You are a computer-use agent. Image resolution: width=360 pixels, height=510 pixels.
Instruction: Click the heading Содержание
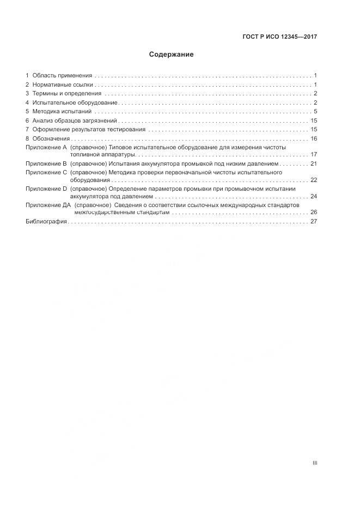coord(172,54)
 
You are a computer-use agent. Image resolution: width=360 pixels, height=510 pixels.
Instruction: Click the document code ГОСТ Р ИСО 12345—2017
coord(279,37)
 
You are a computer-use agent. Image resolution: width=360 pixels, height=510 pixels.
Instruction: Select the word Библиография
coord(46,222)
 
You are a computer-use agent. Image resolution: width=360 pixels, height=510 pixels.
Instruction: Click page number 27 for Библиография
coord(313,222)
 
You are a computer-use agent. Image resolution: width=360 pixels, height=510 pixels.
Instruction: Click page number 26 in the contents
coord(313,212)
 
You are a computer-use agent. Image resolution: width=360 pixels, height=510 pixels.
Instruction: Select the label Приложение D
coord(46,189)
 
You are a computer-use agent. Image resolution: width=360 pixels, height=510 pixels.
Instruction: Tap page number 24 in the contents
coord(313,196)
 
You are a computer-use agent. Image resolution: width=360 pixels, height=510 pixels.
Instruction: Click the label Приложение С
coord(46,172)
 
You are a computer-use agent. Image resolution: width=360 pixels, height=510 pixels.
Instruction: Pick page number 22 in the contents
coord(313,180)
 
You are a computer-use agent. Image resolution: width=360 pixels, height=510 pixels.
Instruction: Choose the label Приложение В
coord(46,163)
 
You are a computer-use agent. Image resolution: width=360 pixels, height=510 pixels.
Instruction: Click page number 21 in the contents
coord(313,163)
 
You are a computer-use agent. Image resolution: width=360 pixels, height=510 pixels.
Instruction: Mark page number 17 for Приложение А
coord(313,155)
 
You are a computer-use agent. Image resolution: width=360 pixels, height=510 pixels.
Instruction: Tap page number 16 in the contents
coord(313,138)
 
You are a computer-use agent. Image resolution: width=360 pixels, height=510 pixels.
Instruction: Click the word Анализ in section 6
coord(42,120)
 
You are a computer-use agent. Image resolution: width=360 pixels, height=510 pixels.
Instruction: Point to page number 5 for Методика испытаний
coord(315,112)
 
